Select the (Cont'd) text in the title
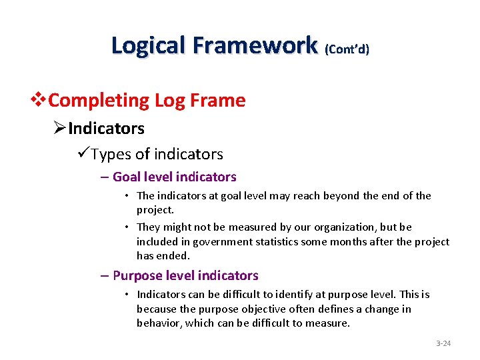[347, 49]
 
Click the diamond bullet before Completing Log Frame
[40, 101]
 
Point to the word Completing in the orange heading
[99, 101]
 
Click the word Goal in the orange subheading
[127, 177]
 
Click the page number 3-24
[443, 343]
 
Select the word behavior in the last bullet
[158, 323]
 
